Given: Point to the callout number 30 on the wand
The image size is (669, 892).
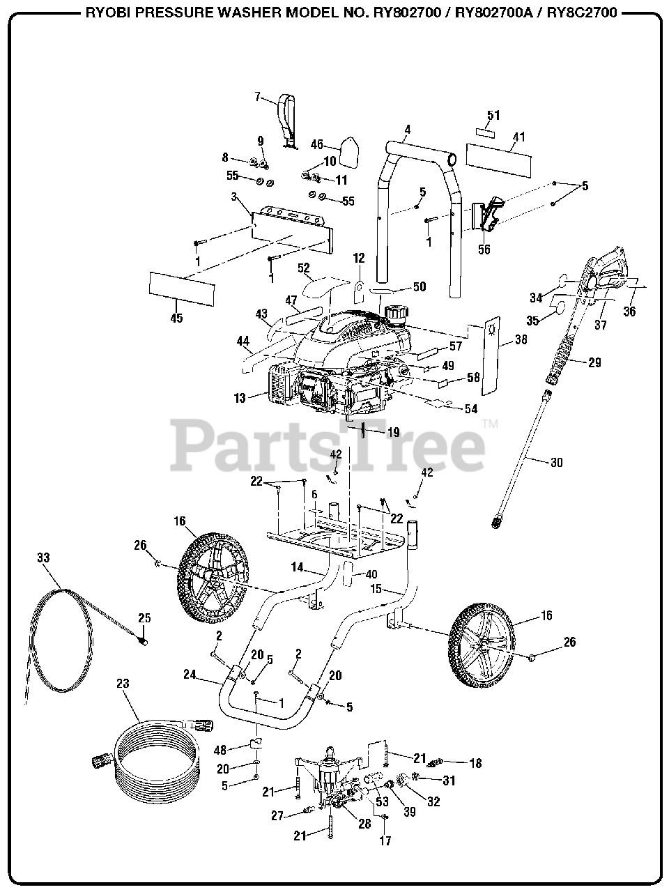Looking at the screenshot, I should (555, 462).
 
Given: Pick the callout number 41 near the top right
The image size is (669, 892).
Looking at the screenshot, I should (518, 137).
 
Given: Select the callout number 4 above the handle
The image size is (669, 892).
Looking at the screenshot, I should (408, 129).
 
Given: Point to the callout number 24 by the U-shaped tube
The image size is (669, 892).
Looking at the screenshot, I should (190, 675).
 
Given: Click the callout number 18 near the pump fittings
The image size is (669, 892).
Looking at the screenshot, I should (475, 764).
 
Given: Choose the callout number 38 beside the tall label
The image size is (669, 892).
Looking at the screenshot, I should (521, 341).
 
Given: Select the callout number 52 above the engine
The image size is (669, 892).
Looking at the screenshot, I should (303, 268).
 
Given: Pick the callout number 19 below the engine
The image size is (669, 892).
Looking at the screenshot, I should (392, 432).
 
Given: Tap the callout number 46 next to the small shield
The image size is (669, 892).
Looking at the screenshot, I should (317, 145).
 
